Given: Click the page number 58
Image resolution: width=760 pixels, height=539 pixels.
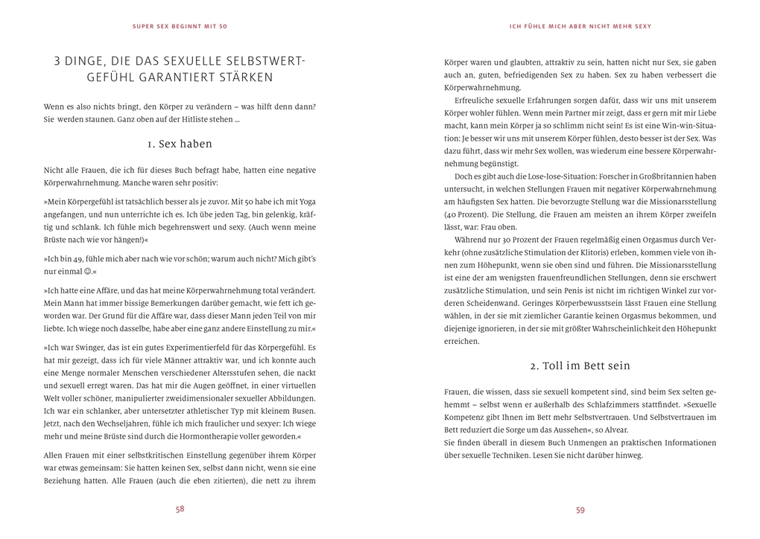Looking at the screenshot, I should click(x=180, y=509).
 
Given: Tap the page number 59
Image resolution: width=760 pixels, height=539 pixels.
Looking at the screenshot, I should click(x=580, y=510).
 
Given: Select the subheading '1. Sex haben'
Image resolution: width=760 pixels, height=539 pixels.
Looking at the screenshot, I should click(x=180, y=144).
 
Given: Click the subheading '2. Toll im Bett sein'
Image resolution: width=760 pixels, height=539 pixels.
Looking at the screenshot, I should click(x=580, y=366).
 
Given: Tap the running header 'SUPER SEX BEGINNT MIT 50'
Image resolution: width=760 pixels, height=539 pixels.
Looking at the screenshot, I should click(x=180, y=26).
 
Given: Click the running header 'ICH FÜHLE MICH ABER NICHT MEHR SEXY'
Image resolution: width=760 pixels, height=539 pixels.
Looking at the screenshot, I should click(x=580, y=26).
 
